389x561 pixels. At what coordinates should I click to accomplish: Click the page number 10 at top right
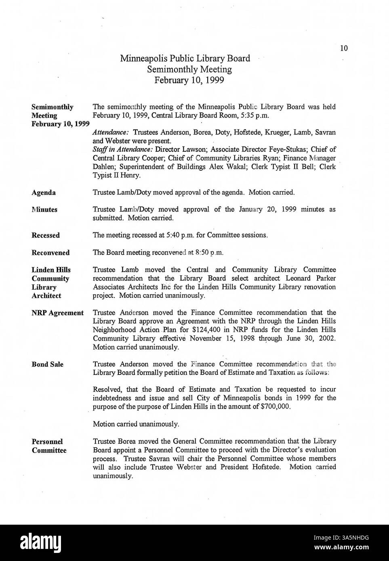[344, 48]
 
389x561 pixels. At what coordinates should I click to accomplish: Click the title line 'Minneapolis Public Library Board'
[185, 59]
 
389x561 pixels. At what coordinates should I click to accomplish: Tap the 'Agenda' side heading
[44, 193]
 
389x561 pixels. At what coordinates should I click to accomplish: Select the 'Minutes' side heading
[44, 209]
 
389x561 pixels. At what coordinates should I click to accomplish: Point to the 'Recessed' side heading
[46, 235]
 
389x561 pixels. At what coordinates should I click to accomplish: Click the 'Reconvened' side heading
[50, 253]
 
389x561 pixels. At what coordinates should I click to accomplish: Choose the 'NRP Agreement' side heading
[57, 313]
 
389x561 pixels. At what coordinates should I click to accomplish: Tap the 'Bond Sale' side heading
[47, 364]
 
